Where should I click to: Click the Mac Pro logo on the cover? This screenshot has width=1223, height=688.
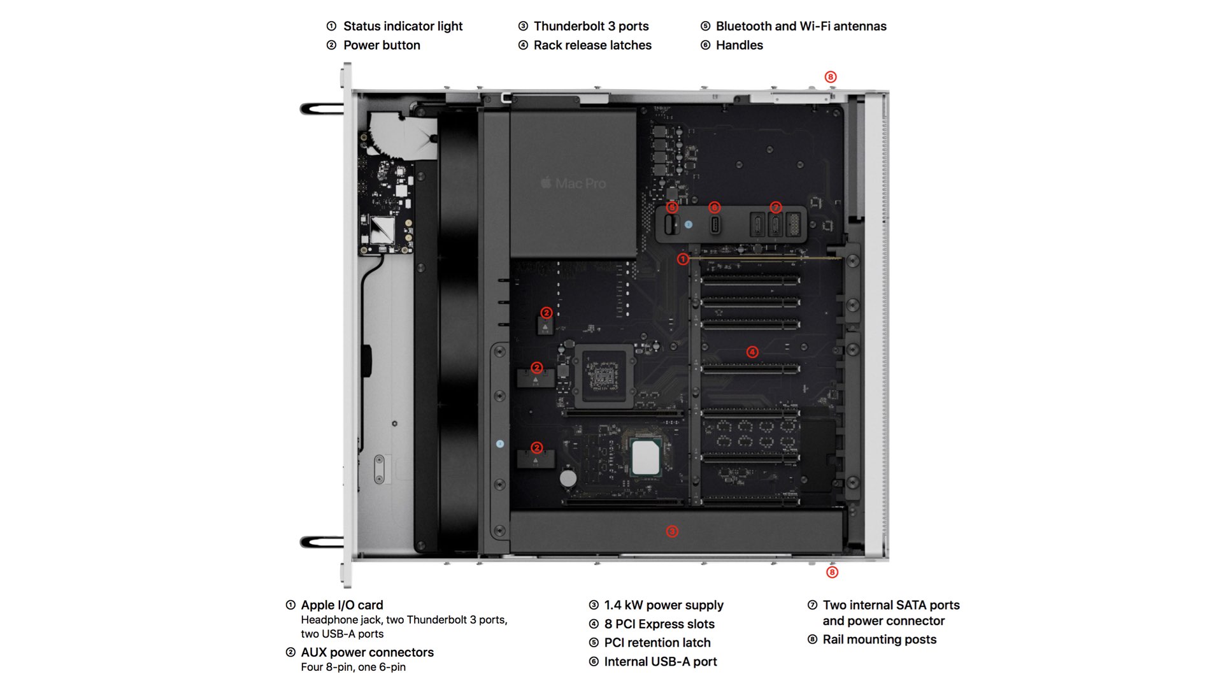pyautogui.click(x=573, y=183)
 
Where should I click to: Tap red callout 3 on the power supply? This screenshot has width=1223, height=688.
pyautogui.click(x=672, y=531)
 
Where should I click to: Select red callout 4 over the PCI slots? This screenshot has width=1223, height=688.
pyautogui.click(x=752, y=352)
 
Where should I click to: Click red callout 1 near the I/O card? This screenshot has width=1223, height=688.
pyautogui.click(x=683, y=259)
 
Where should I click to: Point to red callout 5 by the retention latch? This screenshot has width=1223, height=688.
pyautogui.click(x=672, y=208)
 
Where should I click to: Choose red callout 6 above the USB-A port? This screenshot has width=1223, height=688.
pyautogui.click(x=714, y=208)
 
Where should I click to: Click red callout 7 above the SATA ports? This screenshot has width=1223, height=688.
pyautogui.click(x=775, y=208)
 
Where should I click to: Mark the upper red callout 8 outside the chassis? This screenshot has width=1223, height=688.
pyautogui.click(x=830, y=77)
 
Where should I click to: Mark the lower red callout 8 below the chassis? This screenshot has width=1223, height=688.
pyautogui.click(x=832, y=572)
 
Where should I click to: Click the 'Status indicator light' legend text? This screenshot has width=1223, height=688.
pyautogui.click(x=403, y=26)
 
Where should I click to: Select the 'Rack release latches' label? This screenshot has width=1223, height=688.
pyautogui.click(x=592, y=45)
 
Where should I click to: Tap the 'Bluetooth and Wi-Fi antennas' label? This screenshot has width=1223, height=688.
pyautogui.click(x=801, y=26)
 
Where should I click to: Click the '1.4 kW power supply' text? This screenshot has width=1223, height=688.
pyautogui.click(x=664, y=605)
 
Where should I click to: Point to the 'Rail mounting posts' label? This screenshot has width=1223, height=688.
pyautogui.click(x=879, y=640)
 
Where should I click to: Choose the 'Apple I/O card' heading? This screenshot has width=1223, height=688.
pyautogui.click(x=342, y=605)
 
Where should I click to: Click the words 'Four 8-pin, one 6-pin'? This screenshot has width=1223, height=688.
pyautogui.click(x=353, y=667)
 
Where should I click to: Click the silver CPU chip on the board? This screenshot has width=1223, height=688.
pyautogui.click(x=645, y=457)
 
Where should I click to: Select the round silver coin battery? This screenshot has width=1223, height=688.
pyautogui.click(x=568, y=478)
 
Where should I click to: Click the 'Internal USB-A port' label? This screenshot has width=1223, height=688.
pyautogui.click(x=660, y=662)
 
